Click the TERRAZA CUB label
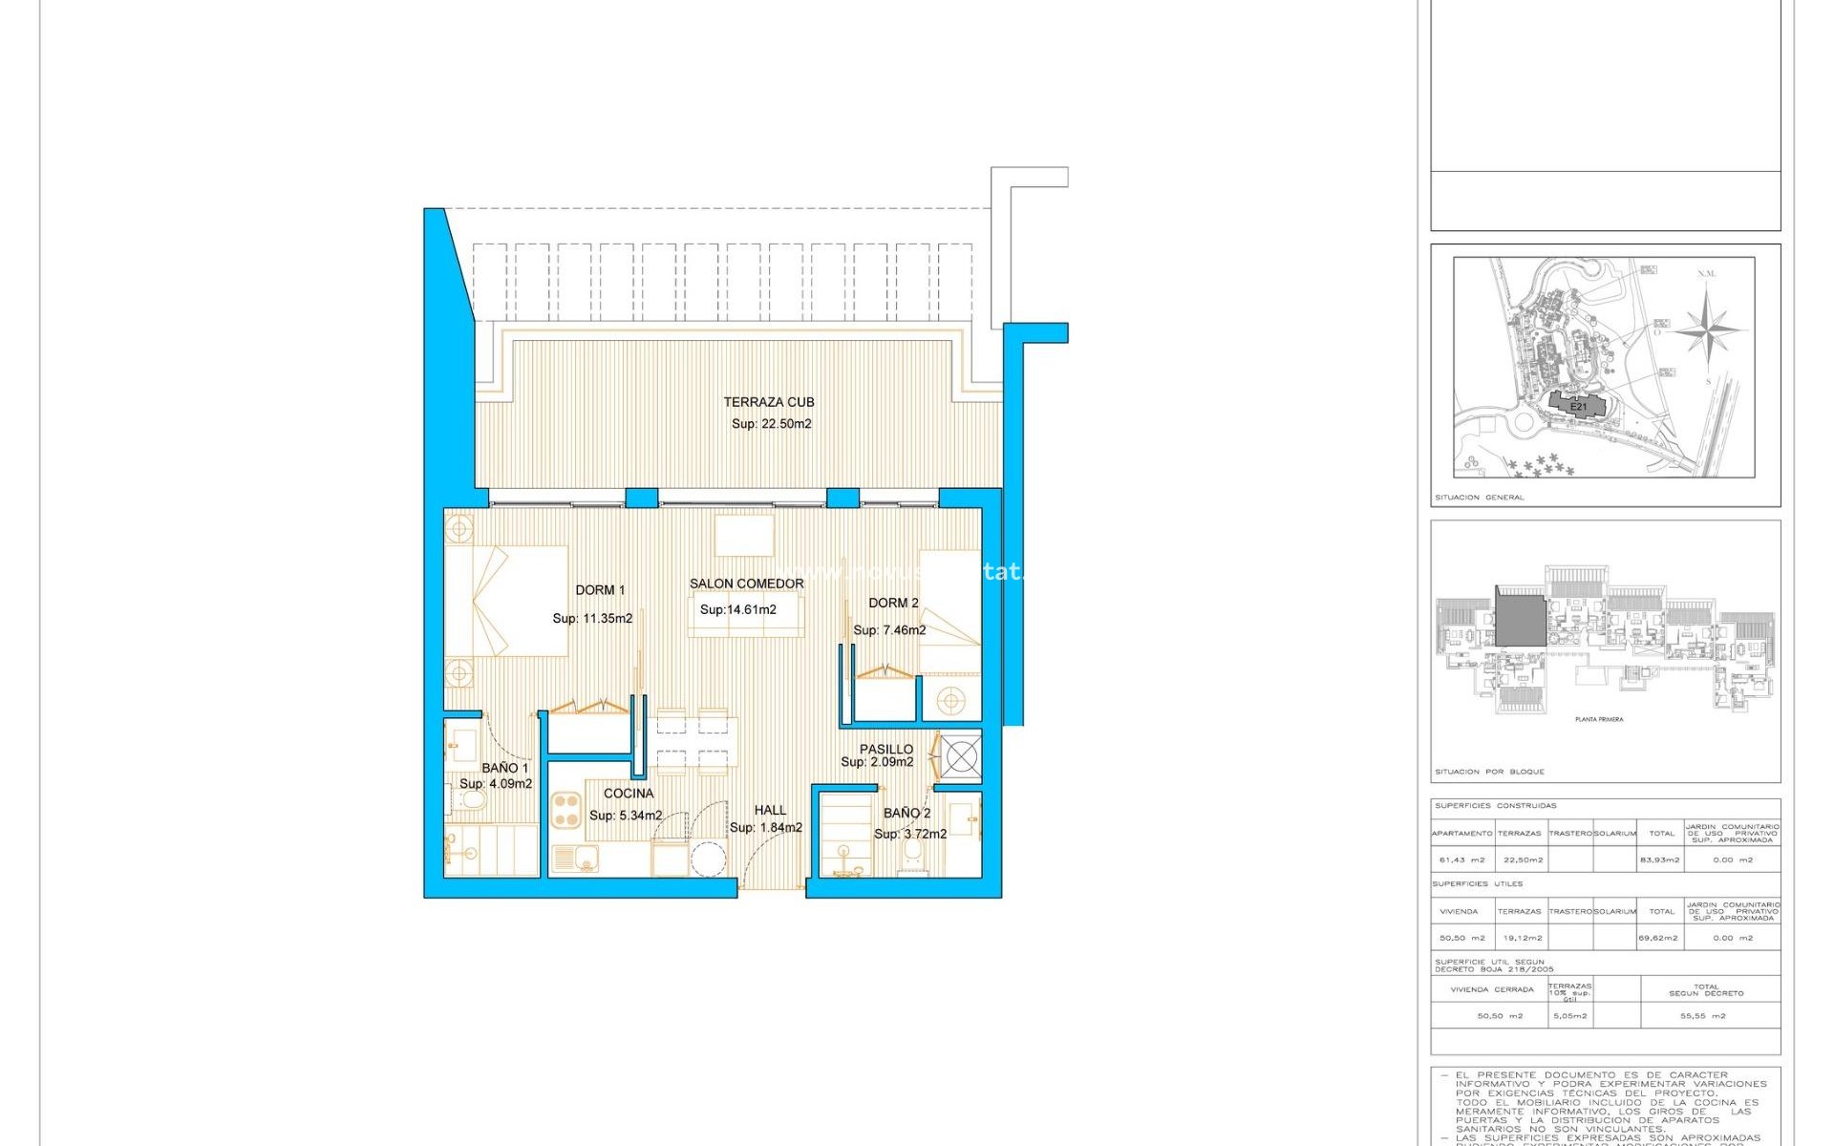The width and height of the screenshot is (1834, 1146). point(768,402)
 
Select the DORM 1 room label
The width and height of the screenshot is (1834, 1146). point(600,590)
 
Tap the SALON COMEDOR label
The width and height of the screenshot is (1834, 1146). point(746,584)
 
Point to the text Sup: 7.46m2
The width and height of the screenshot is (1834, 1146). point(889,630)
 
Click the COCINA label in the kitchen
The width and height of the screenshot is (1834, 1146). point(629,794)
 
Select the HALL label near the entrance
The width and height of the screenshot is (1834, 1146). point(770,810)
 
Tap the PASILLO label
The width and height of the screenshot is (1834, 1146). point(885,749)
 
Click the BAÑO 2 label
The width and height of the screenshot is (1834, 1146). point(906,813)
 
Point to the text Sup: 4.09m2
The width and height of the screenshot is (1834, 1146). point(495,784)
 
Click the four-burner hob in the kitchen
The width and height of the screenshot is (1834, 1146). point(566,811)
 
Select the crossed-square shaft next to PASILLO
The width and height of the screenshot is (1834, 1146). point(961,757)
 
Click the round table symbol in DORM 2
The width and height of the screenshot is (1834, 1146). point(950,702)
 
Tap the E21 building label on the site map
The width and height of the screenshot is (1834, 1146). point(1578,407)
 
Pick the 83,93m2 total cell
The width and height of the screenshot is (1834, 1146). point(1659,860)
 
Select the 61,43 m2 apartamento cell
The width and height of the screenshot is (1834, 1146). point(1461,860)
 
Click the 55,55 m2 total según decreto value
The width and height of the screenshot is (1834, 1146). point(1702,1016)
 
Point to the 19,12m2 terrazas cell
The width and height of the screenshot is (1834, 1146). point(1519,938)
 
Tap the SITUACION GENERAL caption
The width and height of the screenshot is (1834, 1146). point(1479,498)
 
